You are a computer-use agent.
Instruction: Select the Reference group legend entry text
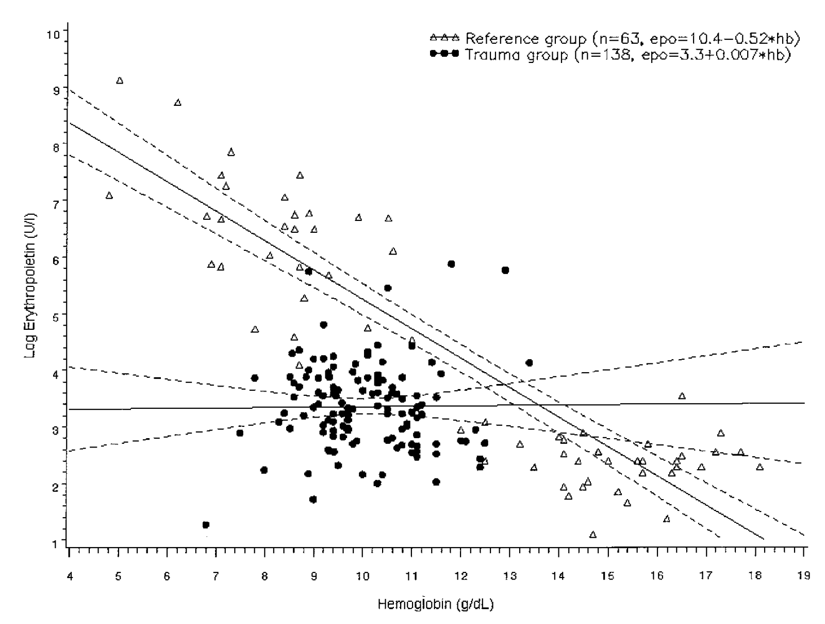525,38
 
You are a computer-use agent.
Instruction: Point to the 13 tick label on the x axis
509,576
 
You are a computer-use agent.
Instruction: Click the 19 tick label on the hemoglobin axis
803,576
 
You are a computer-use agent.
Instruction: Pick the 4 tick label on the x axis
69,576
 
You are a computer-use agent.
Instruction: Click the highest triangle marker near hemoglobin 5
120,81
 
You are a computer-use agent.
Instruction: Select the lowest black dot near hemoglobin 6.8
206,525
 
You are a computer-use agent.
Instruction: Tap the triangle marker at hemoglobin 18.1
760,467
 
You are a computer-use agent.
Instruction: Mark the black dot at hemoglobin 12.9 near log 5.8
505,270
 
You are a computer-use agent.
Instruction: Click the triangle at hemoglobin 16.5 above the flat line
682,396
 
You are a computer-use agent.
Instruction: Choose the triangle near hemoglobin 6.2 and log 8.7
177,103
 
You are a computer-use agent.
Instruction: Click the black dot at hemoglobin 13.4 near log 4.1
529,363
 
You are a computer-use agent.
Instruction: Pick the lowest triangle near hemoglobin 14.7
592,535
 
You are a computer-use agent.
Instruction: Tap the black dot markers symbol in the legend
444,54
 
